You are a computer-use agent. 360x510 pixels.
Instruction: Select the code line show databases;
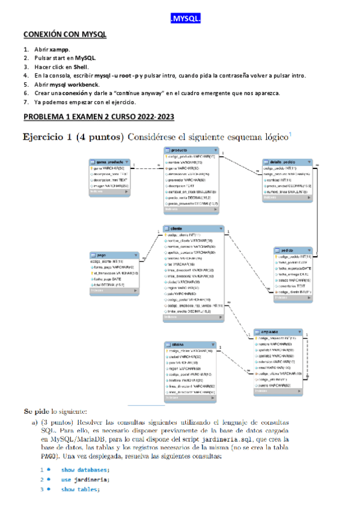[x=85, y=470]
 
